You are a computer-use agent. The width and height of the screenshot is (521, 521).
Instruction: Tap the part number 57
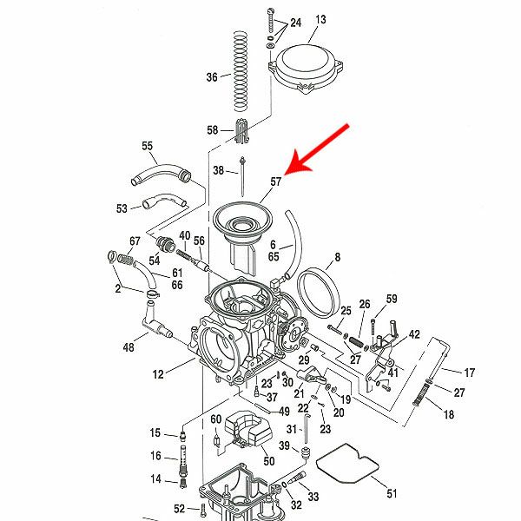(276, 181)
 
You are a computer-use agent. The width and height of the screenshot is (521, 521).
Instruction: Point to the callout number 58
(213, 130)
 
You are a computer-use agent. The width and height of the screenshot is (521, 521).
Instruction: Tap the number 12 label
(157, 375)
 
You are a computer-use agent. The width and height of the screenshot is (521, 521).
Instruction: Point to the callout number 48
(129, 347)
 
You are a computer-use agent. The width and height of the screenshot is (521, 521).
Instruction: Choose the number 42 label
(414, 334)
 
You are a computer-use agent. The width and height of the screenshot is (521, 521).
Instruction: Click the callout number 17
(470, 373)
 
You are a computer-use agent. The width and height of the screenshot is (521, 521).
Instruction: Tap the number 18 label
(449, 415)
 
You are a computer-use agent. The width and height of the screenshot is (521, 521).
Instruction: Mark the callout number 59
(392, 299)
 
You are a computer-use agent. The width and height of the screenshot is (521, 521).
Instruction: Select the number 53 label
(122, 208)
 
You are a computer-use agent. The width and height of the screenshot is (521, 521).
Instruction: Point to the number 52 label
(179, 509)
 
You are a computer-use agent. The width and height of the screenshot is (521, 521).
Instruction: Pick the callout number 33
(313, 497)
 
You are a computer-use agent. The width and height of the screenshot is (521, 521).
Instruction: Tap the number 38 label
(218, 169)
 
